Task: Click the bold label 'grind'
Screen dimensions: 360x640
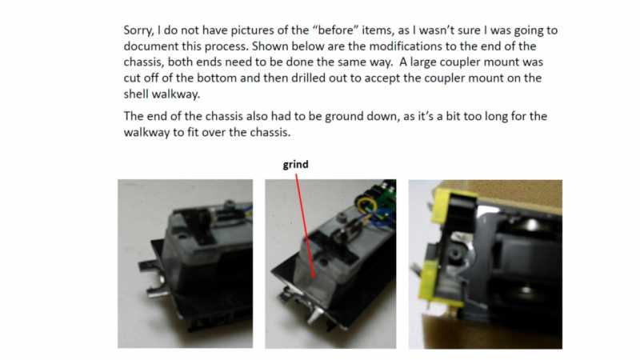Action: pos(295,165)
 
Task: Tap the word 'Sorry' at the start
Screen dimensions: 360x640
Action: pos(140,30)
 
